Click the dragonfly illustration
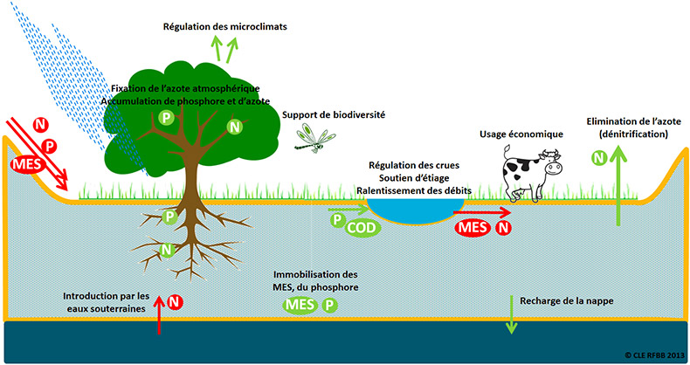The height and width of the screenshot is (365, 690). [x=314, y=138]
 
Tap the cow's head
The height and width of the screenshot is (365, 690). [x=550, y=163]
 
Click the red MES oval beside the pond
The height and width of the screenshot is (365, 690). [x=473, y=228]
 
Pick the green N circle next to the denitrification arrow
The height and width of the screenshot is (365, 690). [x=599, y=157]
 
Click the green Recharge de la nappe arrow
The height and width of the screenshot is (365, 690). [x=511, y=315]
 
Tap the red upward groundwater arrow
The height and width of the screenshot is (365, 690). [x=159, y=315]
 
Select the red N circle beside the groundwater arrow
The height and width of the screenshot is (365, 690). [x=175, y=302]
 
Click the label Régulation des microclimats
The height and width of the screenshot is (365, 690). [x=224, y=27]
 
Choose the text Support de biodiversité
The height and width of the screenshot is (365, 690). [x=334, y=114]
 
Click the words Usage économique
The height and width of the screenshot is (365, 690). [x=521, y=134]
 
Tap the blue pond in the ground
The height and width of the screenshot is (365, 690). [x=416, y=211]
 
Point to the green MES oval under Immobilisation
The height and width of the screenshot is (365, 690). [x=300, y=305]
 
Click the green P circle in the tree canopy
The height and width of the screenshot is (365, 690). [x=166, y=118]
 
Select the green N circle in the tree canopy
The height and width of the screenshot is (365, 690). [x=235, y=127]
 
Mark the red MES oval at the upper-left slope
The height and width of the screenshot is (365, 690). [x=28, y=165]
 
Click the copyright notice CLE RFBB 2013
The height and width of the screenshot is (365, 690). [x=655, y=355]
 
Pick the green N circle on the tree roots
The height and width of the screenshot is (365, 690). [x=167, y=250]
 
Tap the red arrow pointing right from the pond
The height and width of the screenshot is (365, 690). [x=482, y=213]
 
